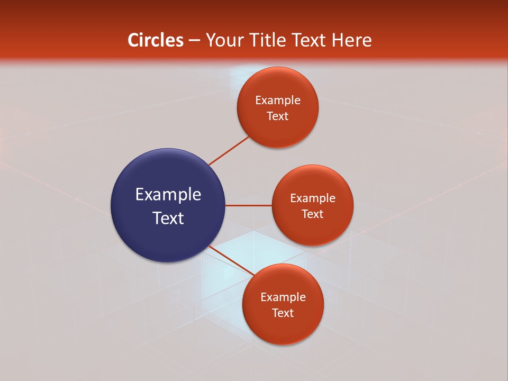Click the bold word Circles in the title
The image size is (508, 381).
point(156,40)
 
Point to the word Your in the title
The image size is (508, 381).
point(223,40)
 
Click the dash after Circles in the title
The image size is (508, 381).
point(195,41)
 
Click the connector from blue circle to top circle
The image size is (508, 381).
point(229,150)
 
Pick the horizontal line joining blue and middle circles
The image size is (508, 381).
point(248,205)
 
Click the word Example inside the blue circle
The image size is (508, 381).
point(168,195)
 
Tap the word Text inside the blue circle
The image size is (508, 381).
point(168,218)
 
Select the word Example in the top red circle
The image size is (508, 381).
point(278,101)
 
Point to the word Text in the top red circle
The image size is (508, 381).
point(278,116)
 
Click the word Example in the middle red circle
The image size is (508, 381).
point(313,198)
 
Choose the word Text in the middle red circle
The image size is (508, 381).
point(313,214)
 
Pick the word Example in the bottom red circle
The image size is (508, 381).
point(283,297)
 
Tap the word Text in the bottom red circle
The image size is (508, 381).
point(283,313)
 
